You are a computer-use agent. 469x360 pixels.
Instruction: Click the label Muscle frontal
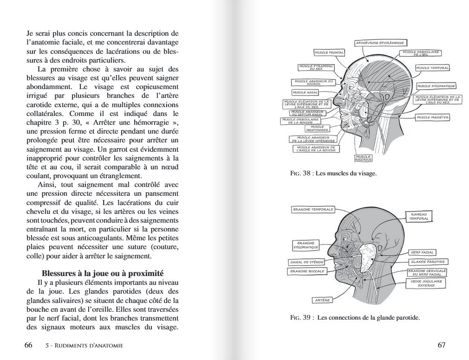click(329, 52)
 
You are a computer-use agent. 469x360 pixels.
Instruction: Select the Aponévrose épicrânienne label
click(379, 43)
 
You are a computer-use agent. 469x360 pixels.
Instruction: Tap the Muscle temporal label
click(432, 68)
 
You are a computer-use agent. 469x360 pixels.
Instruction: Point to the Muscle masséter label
click(432, 117)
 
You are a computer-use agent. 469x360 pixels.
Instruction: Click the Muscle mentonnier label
click(317, 128)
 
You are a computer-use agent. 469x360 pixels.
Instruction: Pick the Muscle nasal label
click(306, 92)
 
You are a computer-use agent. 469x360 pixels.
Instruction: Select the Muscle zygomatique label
click(436, 86)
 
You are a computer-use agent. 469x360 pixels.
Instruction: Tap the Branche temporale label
click(313, 209)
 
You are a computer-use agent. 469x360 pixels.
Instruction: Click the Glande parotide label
click(427, 262)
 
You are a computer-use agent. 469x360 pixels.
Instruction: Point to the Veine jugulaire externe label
click(426, 283)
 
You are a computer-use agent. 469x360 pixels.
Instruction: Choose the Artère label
click(322, 300)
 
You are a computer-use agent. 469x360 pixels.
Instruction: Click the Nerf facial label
click(422, 252)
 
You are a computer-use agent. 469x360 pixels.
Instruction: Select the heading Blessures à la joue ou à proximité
click(102, 273)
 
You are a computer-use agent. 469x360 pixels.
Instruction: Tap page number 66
click(28, 345)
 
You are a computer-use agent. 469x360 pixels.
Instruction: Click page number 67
click(441, 345)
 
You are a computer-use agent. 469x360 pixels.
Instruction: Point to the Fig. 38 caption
click(333, 174)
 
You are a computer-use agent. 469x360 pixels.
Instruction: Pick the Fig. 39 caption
click(354, 318)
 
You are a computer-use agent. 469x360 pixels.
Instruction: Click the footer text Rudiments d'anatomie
click(85, 346)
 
